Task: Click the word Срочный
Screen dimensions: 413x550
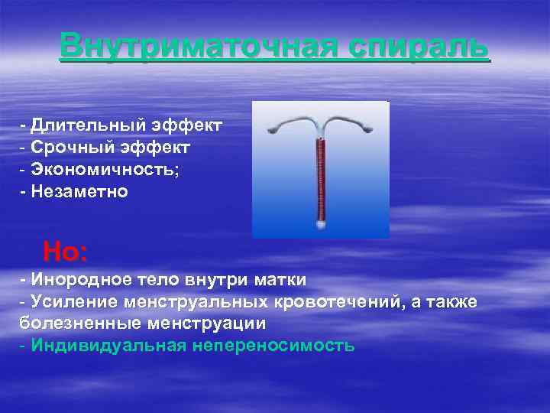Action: [x=75, y=147]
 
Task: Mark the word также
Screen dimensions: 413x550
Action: [x=450, y=302]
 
